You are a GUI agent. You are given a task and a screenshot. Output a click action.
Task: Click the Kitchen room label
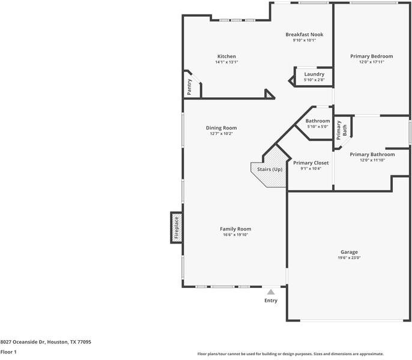[x=226, y=56]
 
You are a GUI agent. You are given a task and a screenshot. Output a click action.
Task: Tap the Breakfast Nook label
[x=304, y=35]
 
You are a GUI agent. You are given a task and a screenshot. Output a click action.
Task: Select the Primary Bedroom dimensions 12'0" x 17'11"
[x=372, y=62]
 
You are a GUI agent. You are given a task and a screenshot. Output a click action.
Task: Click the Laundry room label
[x=314, y=74]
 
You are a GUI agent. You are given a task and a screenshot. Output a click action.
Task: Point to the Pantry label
[x=189, y=87]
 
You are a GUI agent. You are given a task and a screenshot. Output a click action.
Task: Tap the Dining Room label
[x=221, y=128]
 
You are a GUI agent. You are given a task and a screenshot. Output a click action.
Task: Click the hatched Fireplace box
[x=177, y=227]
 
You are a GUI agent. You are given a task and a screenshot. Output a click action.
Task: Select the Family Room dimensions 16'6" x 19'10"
[x=235, y=235]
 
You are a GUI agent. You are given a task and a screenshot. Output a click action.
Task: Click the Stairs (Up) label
[x=270, y=169]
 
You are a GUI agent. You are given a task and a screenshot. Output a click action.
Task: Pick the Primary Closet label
[x=311, y=163]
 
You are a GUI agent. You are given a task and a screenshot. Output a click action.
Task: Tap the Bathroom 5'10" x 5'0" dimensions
[x=318, y=127]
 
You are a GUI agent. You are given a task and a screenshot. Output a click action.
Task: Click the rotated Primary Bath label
[x=342, y=130]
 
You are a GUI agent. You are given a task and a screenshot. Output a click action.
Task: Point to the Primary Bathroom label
[x=372, y=154]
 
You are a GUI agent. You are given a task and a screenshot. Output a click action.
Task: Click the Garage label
[x=349, y=252]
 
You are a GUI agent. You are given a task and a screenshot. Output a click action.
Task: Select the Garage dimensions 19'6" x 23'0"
[x=349, y=258]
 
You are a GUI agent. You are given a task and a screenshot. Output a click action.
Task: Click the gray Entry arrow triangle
[x=271, y=292]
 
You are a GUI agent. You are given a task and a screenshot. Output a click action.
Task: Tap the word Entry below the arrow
[x=271, y=301]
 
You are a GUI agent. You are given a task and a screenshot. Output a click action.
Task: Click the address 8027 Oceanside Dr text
[x=23, y=342]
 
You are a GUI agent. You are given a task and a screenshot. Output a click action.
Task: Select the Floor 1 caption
[x=8, y=352]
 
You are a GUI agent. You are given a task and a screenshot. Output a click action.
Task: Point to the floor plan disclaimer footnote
[x=290, y=354]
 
